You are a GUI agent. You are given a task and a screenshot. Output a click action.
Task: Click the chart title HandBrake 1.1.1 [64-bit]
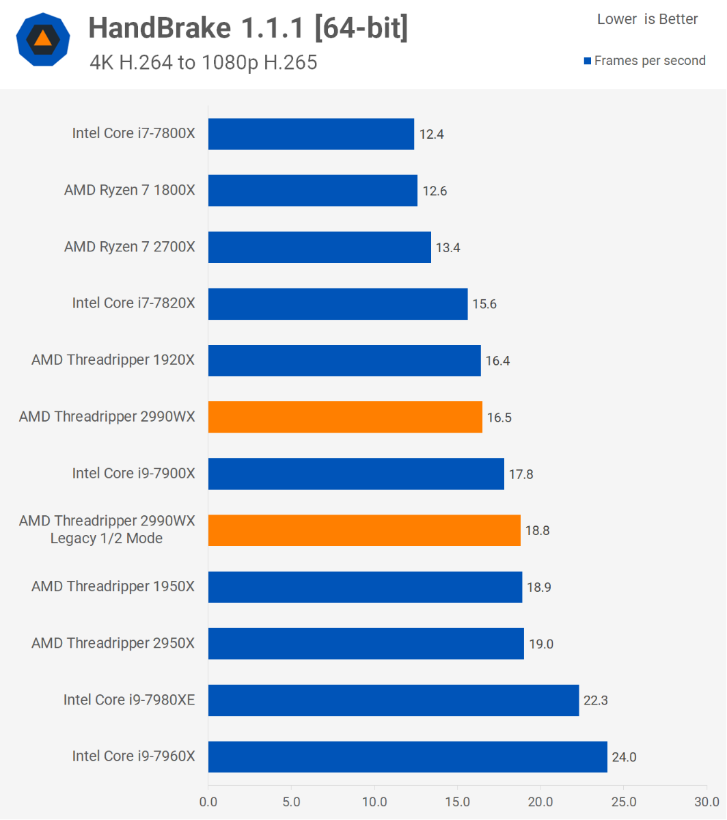248,28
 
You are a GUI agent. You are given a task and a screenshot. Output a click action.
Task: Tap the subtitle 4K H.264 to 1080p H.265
203,63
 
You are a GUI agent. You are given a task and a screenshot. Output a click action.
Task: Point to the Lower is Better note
647,19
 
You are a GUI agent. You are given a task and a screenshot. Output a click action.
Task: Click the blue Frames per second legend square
587,61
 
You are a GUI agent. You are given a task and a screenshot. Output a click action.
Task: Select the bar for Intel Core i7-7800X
311,134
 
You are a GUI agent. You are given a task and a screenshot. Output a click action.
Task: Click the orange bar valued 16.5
345,417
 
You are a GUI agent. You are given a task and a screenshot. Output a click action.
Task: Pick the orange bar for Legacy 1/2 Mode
364,530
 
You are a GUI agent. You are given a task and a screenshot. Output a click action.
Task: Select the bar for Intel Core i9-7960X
407,756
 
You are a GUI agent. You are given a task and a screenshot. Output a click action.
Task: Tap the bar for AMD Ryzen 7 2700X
319,247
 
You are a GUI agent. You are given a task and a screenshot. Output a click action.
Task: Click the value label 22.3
596,700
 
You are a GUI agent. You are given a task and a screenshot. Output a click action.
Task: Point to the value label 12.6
435,191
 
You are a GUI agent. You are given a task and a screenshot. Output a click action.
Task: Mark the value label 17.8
521,474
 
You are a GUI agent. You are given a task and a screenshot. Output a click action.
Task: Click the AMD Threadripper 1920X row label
113,359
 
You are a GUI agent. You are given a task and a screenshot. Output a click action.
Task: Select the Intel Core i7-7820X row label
133,303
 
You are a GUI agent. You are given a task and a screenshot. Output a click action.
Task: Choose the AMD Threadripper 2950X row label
113,643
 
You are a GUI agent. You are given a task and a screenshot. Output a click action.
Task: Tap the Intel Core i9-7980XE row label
129,700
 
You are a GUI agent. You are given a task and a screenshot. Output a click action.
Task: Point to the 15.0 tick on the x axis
457,801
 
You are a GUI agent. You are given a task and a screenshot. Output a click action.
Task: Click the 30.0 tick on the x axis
707,801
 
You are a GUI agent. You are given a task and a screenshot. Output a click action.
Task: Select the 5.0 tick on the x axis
291,801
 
